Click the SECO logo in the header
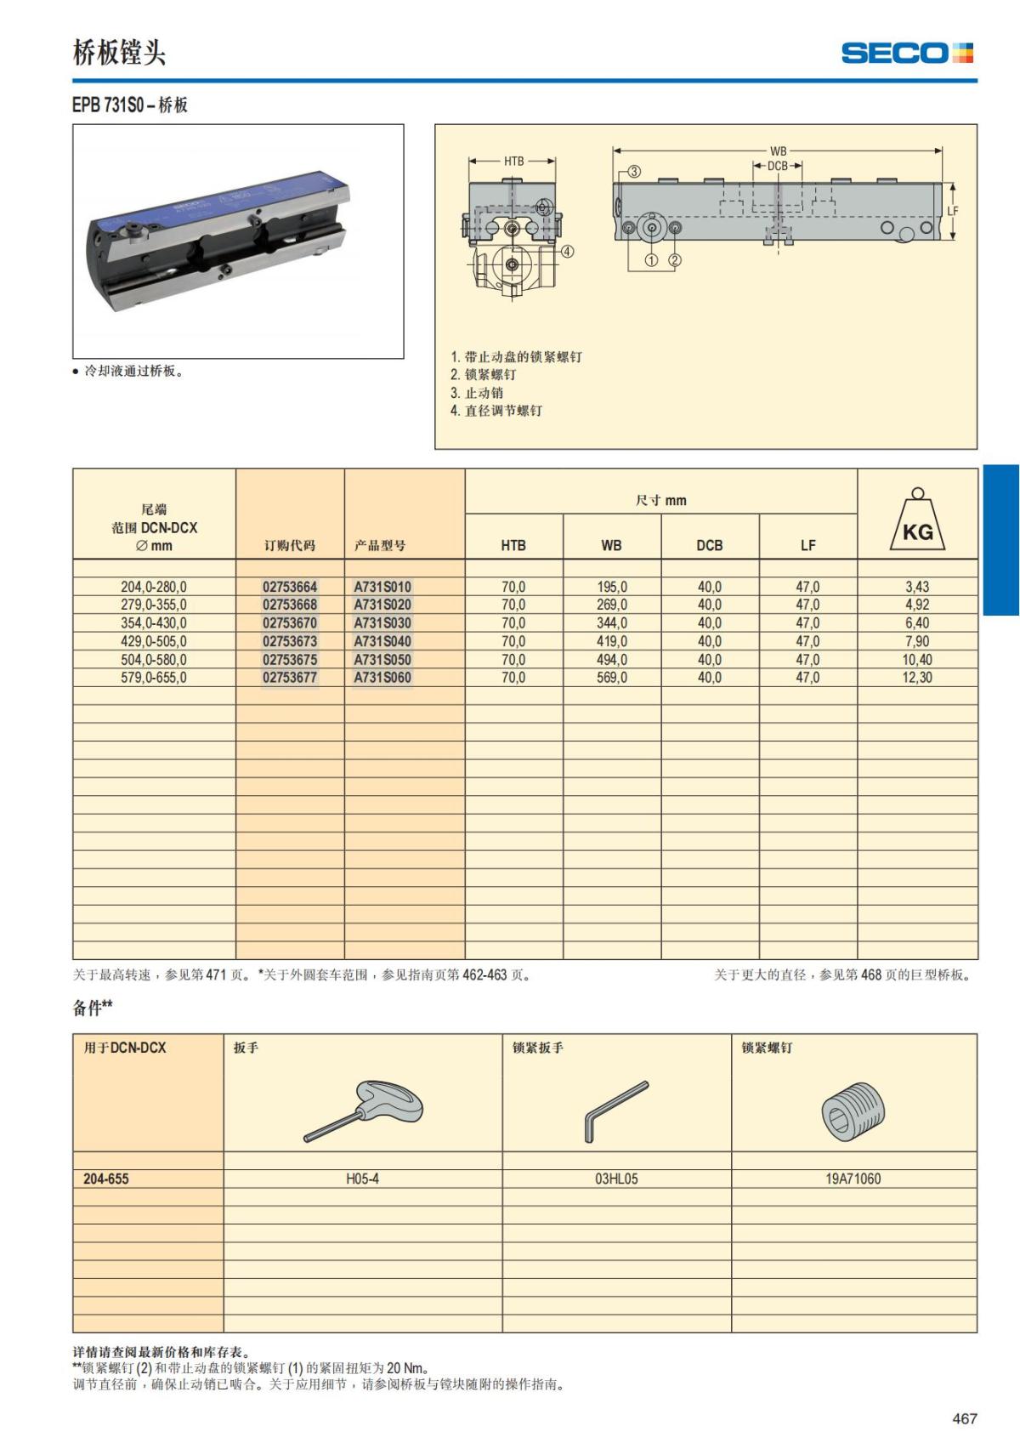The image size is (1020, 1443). [x=906, y=53]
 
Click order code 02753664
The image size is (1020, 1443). [x=290, y=587]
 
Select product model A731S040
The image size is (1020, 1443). [x=382, y=641]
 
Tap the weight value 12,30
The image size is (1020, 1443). [x=917, y=678]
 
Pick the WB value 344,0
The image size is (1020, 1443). [x=611, y=623]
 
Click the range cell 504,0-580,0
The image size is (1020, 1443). [x=154, y=660]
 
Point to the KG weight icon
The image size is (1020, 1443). [x=917, y=520]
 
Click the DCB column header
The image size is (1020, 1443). [x=709, y=545]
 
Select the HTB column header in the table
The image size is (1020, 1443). [x=513, y=545]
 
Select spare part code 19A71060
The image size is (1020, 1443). [x=853, y=1179]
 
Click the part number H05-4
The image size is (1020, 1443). [x=362, y=1179]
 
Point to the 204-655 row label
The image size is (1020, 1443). [x=106, y=1179]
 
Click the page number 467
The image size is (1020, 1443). [x=964, y=1418]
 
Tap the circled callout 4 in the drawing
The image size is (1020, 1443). [x=567, y=251]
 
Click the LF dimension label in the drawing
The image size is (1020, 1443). [x=953, y=211]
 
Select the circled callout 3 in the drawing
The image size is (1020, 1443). [x=634, y=172]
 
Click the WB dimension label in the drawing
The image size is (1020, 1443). [x=778, y=151]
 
